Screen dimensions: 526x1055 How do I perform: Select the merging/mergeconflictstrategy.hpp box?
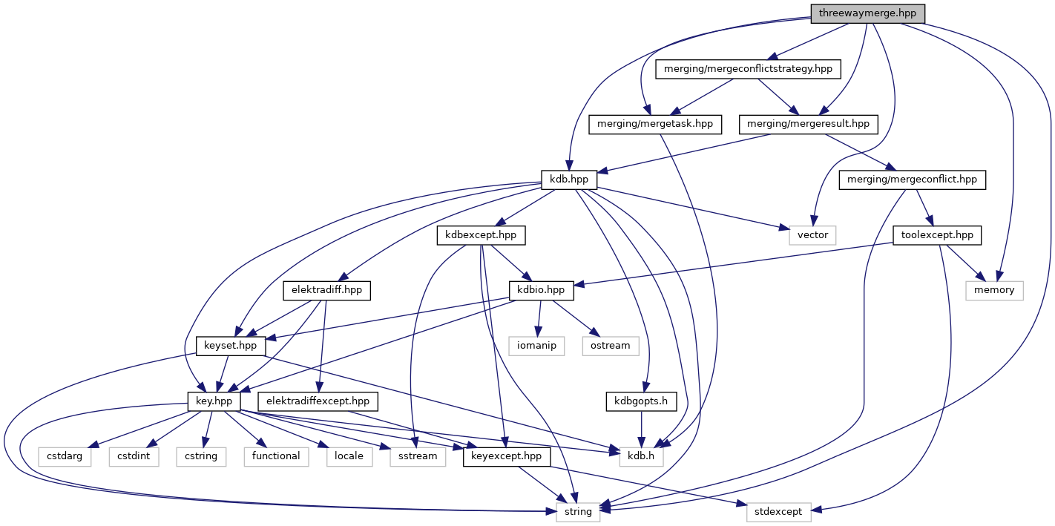click(749, 69)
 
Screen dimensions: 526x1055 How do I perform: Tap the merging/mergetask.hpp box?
click(654, 124)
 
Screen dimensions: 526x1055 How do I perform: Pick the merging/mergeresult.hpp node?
click(809, 124)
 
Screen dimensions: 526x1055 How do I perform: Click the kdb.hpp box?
click(569, 180)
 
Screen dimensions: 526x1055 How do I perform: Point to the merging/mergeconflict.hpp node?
click(912, 180)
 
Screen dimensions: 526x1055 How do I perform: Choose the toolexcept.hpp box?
click(937, 235)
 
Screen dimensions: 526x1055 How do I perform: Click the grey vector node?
click(812, 235)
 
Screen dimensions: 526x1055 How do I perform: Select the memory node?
click(994, 290)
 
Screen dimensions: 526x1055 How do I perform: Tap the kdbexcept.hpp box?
click(481, 235)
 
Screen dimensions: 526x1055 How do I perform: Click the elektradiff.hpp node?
click(327, 290)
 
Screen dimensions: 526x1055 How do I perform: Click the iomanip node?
click(536, 346)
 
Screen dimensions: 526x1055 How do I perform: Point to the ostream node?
click(611, 346)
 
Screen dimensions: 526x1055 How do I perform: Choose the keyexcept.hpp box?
click(507, 456)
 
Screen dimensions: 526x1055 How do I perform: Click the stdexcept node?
click(779, 512)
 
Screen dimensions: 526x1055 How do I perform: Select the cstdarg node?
click(65, 456)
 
